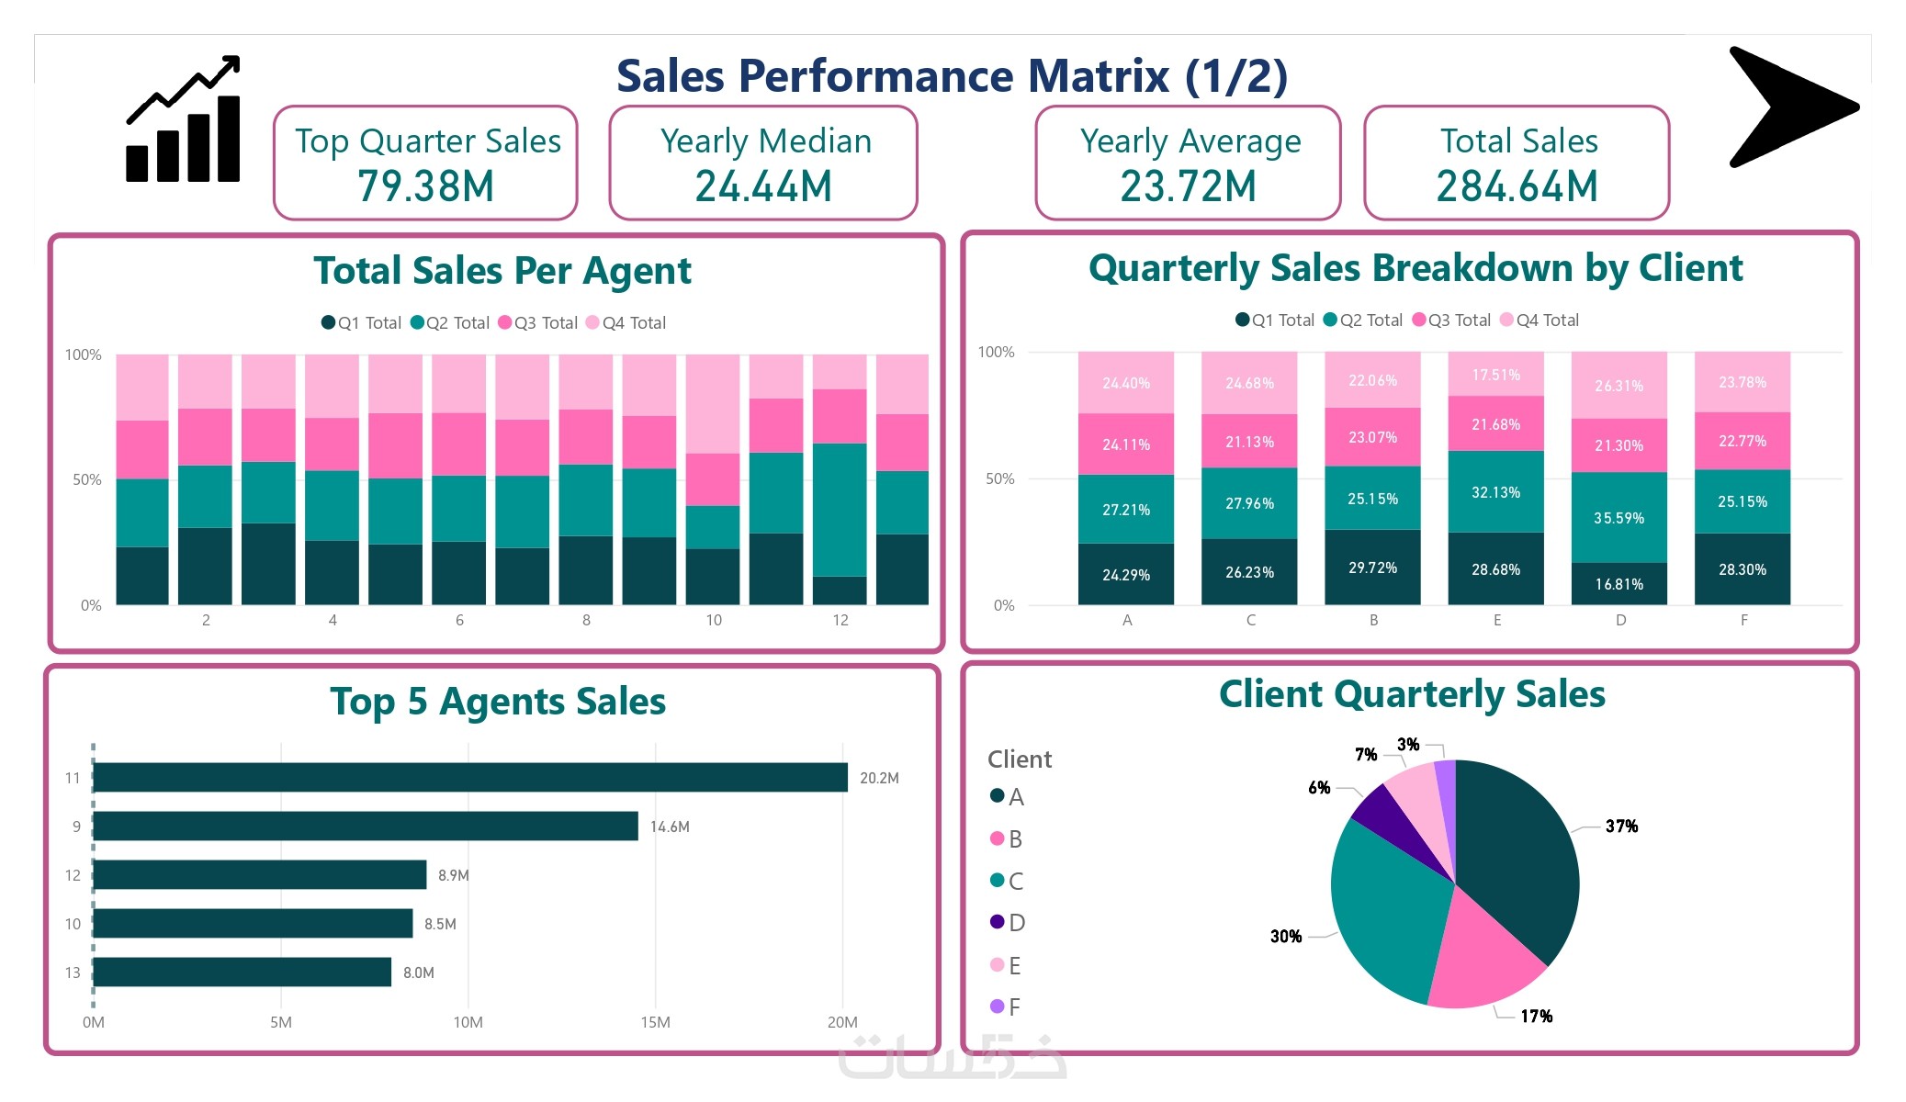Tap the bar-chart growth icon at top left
coord(184,121)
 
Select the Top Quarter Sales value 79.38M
coord(426,186)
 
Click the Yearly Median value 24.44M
coord(763,186)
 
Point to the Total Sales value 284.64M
coord(1517,186)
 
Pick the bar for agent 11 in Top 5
coord(470,777)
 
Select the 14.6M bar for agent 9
coord(366,826)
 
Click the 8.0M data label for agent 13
coord(419,973)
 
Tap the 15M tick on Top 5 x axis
coord(655,1022)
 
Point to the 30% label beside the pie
coord(1286,937)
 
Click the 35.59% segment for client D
coord(1618,518)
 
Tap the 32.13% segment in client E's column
coord(1495,492)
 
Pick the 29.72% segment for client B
coord(1372,568)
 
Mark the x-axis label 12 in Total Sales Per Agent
coord(840,621)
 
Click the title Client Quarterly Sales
coord(1412,694)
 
